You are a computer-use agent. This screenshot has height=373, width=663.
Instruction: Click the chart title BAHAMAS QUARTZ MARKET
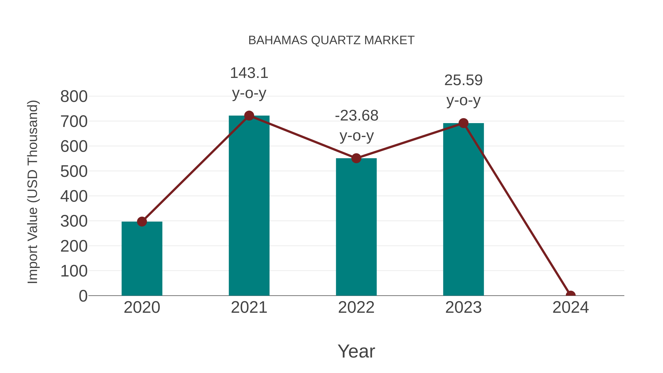[x=331, y=40]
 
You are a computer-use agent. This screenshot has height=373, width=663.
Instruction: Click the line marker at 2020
[x=142, y=221]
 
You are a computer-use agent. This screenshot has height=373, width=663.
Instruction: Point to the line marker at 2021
[x=249, y=116]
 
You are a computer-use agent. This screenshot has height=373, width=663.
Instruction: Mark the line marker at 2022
[x=356, y=158]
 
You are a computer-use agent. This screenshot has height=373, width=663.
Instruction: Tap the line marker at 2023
[x=463, y=123]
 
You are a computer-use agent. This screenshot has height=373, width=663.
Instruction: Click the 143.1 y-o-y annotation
[x=249, y=83]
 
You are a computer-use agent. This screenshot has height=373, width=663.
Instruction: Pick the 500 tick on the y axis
[x=74, y=171]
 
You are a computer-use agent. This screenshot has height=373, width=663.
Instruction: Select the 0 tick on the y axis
[x=83, y=296]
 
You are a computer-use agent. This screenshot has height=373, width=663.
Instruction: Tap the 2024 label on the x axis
[x=570, y=307]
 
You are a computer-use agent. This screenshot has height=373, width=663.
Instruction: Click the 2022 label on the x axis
[x=356, y=307]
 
